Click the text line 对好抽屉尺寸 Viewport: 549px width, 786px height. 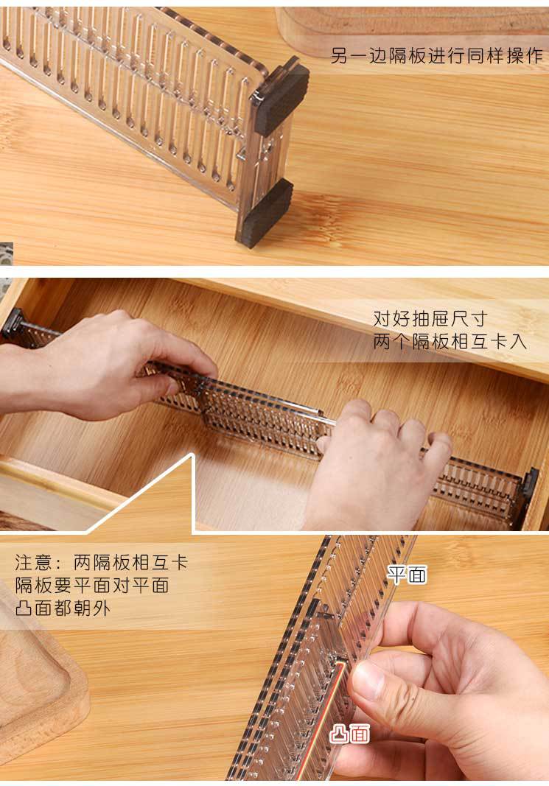(x=430, y=319)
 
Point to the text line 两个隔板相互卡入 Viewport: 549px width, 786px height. (x=450, y=342)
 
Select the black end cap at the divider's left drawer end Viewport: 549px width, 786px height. (x=12, y=325)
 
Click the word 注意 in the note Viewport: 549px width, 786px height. (x=34, y=563)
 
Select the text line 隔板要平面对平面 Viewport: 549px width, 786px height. (x=92, y=586)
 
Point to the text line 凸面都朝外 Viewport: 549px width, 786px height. (x=63, y=608)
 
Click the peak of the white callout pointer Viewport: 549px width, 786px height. (x=192, y=456)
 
